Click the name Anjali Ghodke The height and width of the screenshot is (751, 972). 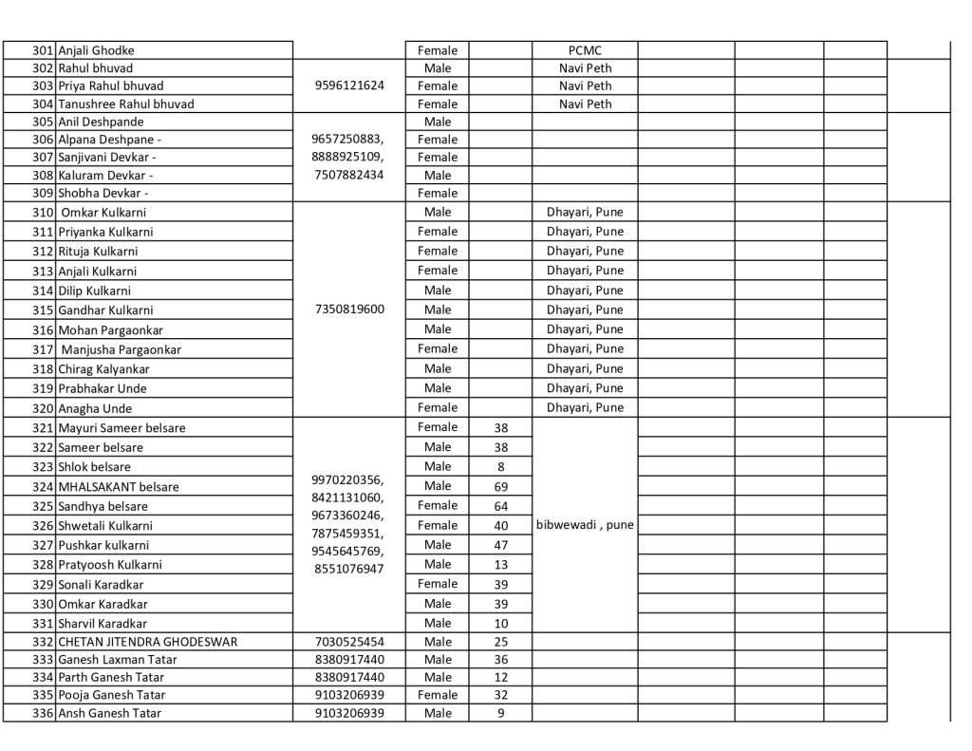tap(96, 50)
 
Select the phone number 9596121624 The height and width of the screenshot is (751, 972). tap(349, 85)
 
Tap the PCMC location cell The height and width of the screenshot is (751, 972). tap(585, 50)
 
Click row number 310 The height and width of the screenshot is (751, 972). tap(43, 213)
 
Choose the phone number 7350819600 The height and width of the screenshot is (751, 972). tap(349, 310)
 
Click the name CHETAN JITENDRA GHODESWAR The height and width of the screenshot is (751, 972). tap(148, 642)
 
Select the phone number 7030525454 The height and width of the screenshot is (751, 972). tap(349, 642)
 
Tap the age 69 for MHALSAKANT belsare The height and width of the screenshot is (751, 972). tap(501, 486)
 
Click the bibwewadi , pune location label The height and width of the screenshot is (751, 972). tap(585, 525)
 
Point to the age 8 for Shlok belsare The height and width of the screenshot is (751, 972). tap(501, 466)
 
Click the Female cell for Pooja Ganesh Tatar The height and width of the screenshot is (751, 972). tap(438, 695)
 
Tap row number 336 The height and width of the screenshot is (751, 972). tap(43, 713)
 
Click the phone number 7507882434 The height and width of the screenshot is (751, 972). tap(349, 175)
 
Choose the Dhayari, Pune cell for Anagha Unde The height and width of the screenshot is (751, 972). tap(585, 407)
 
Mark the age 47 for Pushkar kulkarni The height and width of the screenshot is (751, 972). tap(501, 545)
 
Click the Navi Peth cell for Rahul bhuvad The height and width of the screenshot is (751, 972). tap(585, 68)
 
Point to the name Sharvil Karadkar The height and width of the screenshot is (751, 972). tap(103, 624)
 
